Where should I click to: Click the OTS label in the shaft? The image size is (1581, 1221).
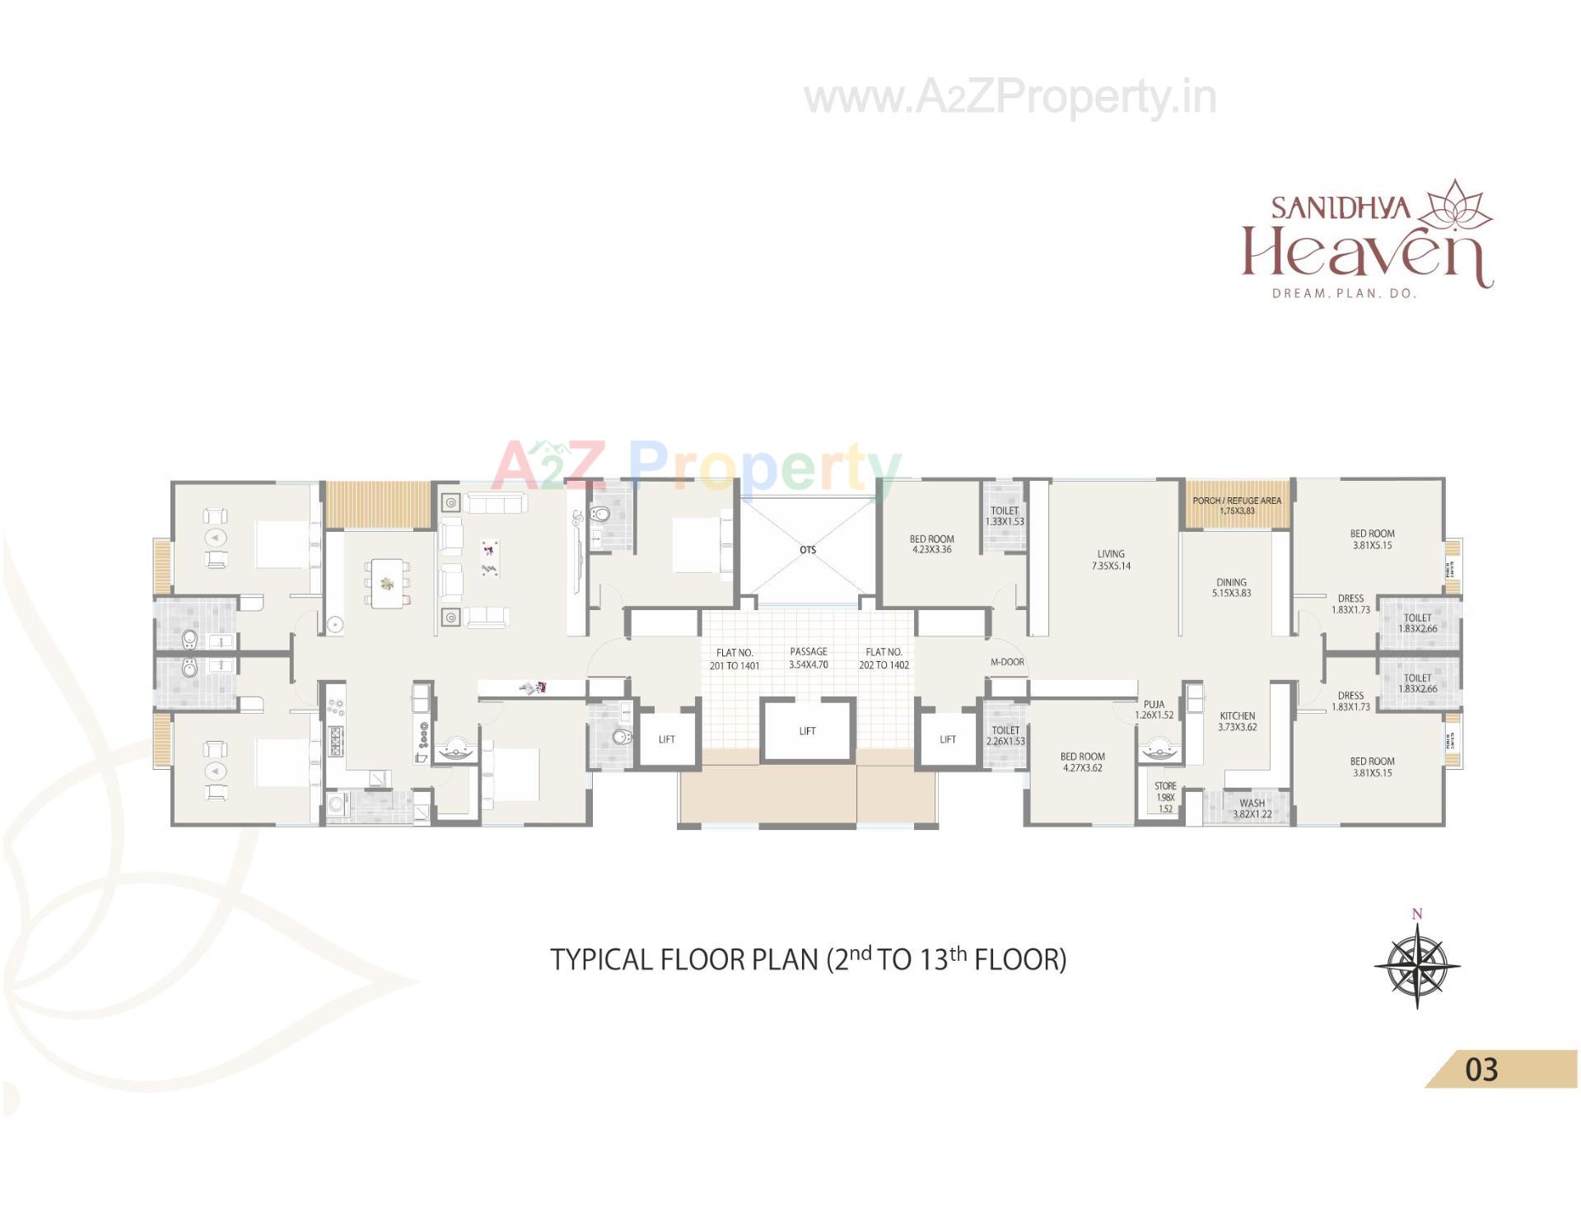tap(807, 550)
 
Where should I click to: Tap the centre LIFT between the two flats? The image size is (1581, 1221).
tap(807, 731)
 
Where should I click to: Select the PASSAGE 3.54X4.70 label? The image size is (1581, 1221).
tap(808, 658)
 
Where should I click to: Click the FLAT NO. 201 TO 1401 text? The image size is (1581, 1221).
tap(735, 659)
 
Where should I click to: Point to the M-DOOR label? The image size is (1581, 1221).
tap(1007, 662)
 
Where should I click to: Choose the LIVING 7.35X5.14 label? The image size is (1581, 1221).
tap(1110, 560)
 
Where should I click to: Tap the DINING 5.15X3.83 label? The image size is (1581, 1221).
tap(1231, 587)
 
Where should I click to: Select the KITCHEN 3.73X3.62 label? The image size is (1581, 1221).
tap(1237, 721)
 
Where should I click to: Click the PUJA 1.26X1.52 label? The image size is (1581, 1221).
tap(1154, 710)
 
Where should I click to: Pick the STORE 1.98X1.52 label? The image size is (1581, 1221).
tap(1165, 797)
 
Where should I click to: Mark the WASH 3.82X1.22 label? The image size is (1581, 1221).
tap(1252, 809)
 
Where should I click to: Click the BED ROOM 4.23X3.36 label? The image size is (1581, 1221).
tap(931, 544)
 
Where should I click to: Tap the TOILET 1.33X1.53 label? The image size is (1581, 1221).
tap(1005, 516)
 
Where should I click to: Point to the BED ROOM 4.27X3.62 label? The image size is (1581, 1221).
tap(1082, 762)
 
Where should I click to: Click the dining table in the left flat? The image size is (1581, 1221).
tap(387, 583)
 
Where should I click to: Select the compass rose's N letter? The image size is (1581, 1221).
tap(1416, 914)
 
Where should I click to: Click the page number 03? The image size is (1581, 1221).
tap(1481, 1070)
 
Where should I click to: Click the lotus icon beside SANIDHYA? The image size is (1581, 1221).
tap(1457, 205)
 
